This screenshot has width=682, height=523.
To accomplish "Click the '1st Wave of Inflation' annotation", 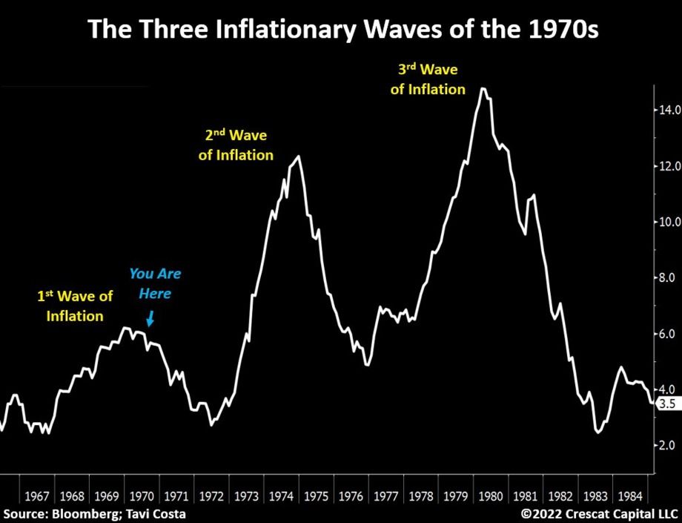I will coord(75,306).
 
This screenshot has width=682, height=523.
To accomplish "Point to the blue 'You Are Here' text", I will coord(154,283).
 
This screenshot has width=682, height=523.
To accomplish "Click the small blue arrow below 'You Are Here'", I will coord(150,319).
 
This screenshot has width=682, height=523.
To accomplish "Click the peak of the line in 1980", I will coord(483,88).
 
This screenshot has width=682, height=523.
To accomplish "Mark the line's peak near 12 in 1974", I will coord(298,156).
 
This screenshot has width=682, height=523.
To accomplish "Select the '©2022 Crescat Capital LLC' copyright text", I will coord(600,513).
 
